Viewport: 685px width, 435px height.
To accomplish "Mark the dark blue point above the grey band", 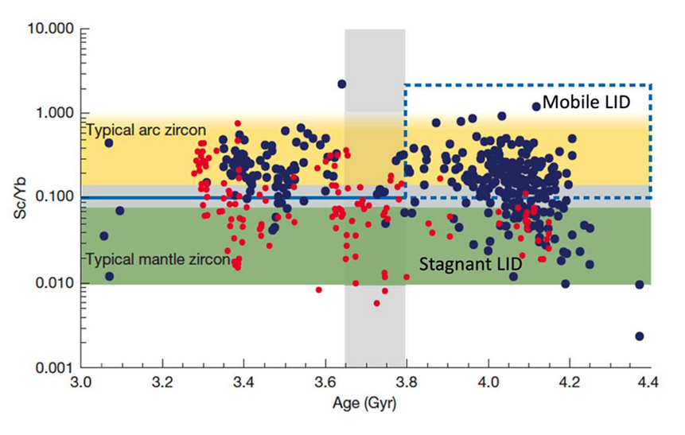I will pos(342,84).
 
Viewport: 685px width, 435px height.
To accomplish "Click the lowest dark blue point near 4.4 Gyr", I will pos(640,336).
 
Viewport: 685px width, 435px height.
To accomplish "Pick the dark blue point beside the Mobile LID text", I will pos(536,106).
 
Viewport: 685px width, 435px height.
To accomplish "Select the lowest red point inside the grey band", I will pos(376,303).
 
